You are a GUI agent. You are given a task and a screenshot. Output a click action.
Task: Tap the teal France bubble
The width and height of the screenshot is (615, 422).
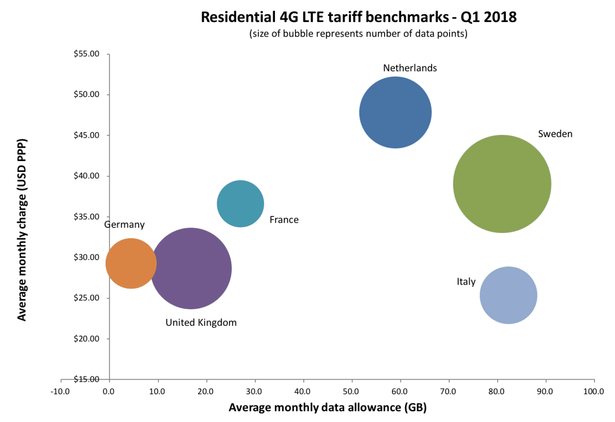tap(240, 204)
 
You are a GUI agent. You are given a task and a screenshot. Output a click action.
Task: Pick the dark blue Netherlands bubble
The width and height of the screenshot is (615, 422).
tap(395, 112)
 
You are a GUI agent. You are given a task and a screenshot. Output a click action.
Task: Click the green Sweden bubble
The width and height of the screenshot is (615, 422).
tap(502, 184)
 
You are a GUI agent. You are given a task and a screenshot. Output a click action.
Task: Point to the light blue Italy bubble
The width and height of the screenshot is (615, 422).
tap(508, 295)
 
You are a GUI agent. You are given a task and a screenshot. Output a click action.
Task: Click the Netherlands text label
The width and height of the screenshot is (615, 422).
tap(410, 68)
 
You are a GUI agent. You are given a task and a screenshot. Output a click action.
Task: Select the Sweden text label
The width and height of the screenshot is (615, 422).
tap(555, 134)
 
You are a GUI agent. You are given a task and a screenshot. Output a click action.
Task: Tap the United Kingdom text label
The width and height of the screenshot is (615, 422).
tap(201, 323)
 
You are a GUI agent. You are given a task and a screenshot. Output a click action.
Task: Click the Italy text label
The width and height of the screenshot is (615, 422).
tap(466, 282)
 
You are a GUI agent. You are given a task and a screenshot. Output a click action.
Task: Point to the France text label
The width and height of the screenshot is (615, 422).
tap(284, 220)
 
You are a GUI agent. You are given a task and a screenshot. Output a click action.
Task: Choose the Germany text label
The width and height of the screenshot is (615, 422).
tap(124, 225)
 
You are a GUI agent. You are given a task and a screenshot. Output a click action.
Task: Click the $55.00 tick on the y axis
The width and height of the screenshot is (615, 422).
tap(87, 54)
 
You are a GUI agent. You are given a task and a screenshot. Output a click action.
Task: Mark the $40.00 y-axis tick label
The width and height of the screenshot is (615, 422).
tap(87, 176)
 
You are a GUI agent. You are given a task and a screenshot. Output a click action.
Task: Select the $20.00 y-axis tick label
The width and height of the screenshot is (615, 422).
tap(87, 339)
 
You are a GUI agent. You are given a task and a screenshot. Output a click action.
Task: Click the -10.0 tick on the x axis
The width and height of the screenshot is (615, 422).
tap(60, 392)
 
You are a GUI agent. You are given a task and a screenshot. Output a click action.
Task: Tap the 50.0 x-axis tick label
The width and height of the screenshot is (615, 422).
tap(351, 392)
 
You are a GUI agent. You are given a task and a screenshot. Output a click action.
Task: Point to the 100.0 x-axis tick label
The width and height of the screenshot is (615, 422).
tap(593, 392)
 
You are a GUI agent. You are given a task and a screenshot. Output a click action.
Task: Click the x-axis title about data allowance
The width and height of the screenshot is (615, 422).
tap(327, 407)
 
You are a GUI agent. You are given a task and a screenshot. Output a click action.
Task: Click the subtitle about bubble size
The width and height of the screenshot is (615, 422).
tap(358, 34)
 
